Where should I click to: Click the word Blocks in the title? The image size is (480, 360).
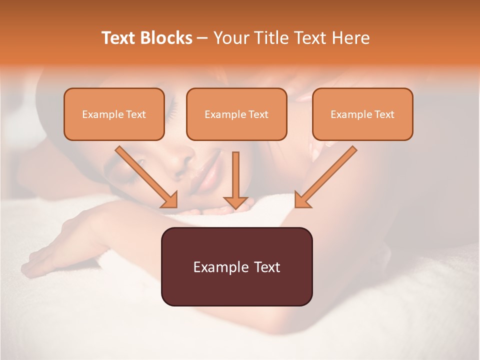pos(167,38)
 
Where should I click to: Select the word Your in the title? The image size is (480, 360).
pos(233,38)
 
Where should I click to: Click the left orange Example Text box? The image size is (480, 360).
pos(114,114)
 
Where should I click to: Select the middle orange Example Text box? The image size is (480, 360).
pos(236,114)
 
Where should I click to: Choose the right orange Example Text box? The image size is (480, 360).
pos(362,114)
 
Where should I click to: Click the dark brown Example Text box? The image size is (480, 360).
pos(236,266)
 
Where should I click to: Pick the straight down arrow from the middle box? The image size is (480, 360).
pos(235,180)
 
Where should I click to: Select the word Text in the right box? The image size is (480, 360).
pos(384,114)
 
